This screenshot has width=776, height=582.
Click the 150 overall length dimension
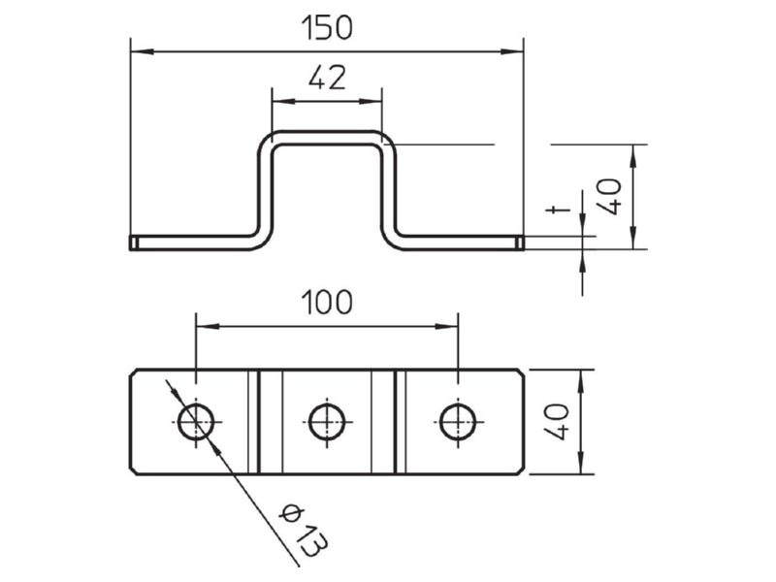[327, 28]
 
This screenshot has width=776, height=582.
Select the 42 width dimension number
[327, 78]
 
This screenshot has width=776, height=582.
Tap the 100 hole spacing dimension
[327, 303]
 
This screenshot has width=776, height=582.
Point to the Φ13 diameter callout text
[303, 531]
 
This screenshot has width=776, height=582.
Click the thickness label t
[558, 210]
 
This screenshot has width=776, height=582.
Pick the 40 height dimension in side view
[609, 197]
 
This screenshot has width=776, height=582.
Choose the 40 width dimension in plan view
[556, 422]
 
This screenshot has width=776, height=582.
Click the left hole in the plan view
[197, 422]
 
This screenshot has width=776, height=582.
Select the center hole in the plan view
[327, 422]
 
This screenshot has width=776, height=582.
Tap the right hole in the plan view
[458, 422]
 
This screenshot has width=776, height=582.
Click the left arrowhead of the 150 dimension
[142, 51]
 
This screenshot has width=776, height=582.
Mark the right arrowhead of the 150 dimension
[512, 51]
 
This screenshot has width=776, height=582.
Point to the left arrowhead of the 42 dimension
[284, 102]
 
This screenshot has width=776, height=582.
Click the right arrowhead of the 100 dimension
[446, 326]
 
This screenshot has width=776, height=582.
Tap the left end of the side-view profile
[131, 243]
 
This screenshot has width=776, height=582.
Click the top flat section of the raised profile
[327, 138]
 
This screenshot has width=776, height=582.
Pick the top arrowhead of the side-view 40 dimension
[632, 156]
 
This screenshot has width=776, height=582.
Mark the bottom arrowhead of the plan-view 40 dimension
[581, 463]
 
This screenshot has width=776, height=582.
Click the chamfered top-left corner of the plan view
[133, 372]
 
